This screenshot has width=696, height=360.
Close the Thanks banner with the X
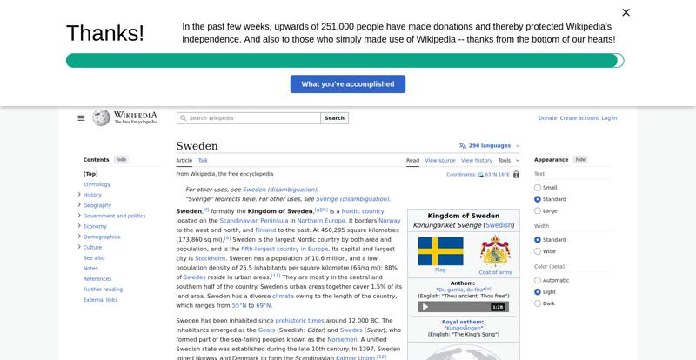[x=626, y=13]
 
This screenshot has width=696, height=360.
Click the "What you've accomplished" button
[x=347, y=84]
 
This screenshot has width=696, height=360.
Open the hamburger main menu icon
[x=81, y=118]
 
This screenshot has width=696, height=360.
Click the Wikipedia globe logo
[x=101, y=117]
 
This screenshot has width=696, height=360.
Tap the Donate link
[x=547, y=118]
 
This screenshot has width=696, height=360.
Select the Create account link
[x=579, y=118]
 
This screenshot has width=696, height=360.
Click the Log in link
[x=609, y=118]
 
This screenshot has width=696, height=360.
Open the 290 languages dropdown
[x=489, y=146]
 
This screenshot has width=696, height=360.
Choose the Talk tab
[x=203, y=161]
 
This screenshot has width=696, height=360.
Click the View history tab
[x=476, y=161]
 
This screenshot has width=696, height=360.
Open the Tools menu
[x=506, y=161]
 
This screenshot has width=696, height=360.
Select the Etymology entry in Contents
[x=97, y=184]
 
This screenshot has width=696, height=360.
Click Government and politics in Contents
[x=114, y=216]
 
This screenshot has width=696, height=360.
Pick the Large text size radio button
[x=538, y=210]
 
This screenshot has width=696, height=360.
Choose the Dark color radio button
[x=538, y=303]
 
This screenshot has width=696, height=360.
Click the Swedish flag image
[x=440, y=251]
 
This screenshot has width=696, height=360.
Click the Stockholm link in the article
[x=211, y=258]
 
